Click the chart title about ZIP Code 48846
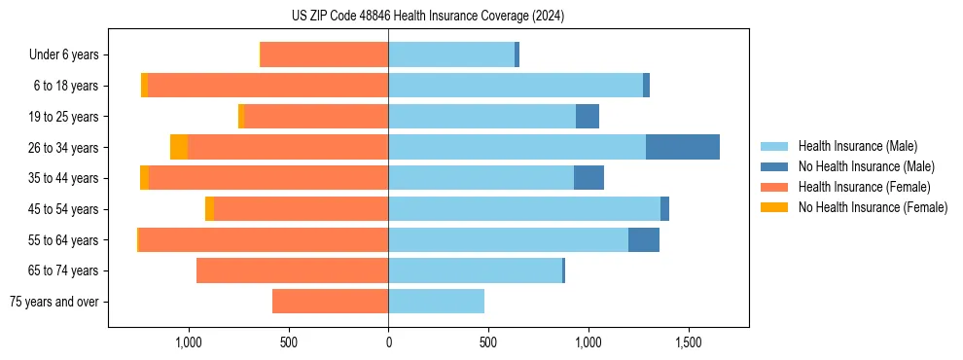point(427,16)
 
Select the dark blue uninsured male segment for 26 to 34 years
point(683,147)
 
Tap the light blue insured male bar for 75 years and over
point(436,302)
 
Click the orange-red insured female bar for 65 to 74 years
point(292,270)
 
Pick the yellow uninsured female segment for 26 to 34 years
point(179,147)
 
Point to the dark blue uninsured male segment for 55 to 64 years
point(644,239)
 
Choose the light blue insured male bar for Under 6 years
point(451,54)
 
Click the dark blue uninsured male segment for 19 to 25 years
point(588,117)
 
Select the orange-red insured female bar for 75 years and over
point(330,302)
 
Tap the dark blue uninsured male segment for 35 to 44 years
point(588,178)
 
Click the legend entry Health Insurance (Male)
point(857,146)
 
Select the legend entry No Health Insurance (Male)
point(866,166)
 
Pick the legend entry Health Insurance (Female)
point(864,187)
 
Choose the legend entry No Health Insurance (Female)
point(873,207)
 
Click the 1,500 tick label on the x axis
point(689,343)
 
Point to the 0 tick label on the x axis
point(388,343)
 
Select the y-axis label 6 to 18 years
point(66,86)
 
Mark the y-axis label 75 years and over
point(53,302)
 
